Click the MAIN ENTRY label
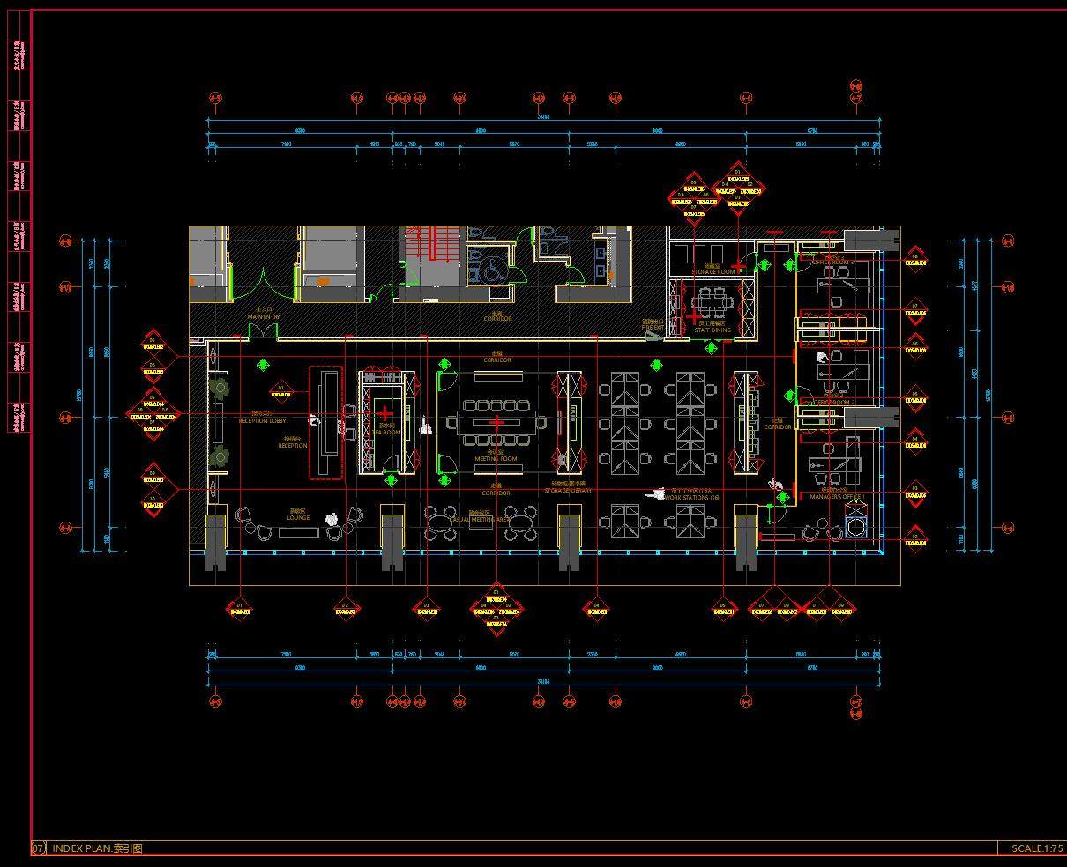263,316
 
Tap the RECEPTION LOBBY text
263,421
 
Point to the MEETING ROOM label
496,459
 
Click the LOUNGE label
298,518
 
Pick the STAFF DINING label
713,330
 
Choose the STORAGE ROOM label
713,272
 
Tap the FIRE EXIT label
653,328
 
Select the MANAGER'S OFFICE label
834,497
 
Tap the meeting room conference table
496,423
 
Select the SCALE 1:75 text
1037,848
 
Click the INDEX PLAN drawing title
97,848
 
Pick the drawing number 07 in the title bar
39,848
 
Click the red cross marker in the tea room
384,412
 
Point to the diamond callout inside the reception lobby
281,389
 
